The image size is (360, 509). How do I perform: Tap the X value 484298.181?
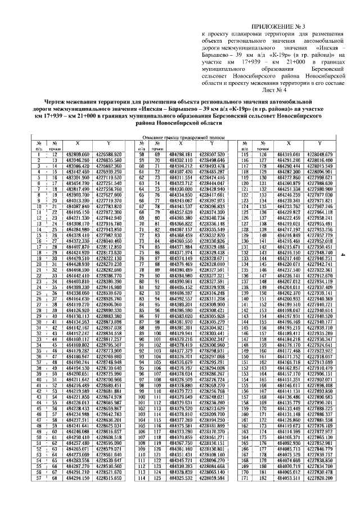(177, 154)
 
